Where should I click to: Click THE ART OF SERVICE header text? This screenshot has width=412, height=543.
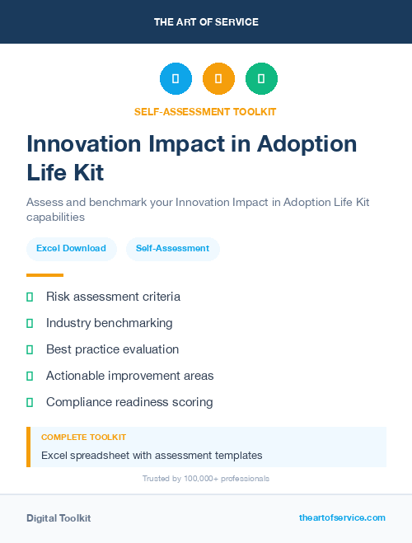[206, 22]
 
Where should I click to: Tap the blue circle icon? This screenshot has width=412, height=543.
[176, 79]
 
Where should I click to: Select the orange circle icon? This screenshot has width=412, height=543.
[218, 79]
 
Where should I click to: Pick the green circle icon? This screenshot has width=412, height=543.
[261, 79]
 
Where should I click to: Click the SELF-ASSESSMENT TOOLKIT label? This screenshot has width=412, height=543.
[206, 111]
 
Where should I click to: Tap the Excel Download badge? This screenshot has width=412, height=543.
[71, 248]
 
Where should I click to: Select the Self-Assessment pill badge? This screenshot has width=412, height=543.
[172, 248]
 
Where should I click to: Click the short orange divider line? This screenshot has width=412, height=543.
[44, 274]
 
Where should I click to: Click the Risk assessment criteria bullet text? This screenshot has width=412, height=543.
[113, 297]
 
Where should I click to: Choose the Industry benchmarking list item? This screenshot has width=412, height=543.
[109, 323]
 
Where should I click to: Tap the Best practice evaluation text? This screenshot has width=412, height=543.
[112, 349]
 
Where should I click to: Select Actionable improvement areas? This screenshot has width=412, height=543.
[129, 376]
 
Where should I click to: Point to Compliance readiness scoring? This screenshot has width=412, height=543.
[129, 402]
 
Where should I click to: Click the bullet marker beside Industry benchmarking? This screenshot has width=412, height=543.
[30, 323]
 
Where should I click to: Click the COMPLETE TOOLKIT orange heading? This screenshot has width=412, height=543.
[83, 437]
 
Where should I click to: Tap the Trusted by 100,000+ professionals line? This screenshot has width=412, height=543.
[206, 478]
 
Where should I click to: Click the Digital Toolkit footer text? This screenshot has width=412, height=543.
[59, 517]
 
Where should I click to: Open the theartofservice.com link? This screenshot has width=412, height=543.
[342, 517]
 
